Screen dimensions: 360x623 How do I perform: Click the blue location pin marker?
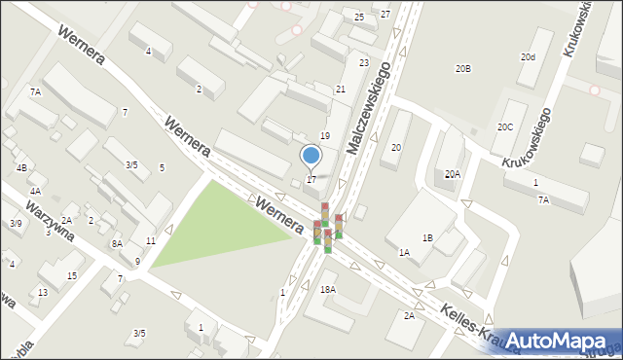pos(311,156)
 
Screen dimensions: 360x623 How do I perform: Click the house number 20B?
pos(463,69)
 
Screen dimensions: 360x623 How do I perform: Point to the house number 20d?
pos(528,57)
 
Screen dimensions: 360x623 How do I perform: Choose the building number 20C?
pos(505,127)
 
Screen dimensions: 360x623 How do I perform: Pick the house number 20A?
pos(452,174)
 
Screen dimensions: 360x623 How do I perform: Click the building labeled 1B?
pos(427,237)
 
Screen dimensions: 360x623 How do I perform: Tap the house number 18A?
pos(328,290)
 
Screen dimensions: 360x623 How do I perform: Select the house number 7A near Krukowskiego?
pos(543,199)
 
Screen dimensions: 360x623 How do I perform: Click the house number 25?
pos(359,18)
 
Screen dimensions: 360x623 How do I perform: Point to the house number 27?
pos(385,14)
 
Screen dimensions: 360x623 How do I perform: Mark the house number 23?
pos(363,62)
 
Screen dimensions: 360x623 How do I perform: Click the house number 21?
pos(341,89)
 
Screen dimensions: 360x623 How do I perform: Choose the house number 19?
pos(325,135)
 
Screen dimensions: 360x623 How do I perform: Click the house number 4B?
pos(21,168)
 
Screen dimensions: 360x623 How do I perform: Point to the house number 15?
pos(72,276)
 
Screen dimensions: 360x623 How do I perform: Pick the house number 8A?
pos(117,243)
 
